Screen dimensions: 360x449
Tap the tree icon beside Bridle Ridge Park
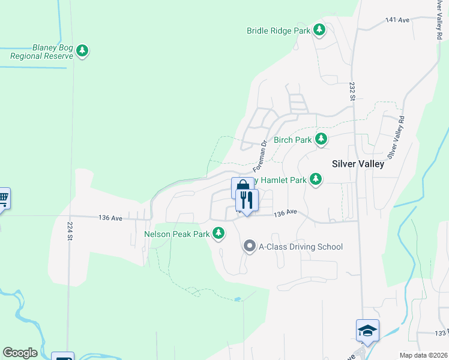(x=320, y=29)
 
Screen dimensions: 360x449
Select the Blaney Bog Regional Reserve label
(x=41, y=52)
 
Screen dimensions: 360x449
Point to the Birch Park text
(x=292, y=140)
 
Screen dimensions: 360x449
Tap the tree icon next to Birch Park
(x=321, y=139)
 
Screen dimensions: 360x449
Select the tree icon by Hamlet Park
(x=315, y=179)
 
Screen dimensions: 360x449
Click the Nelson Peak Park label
(x=176, y=233)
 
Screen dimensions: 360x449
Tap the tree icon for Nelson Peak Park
(x=220, y=233)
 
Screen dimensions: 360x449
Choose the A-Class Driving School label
(x=300, y=247)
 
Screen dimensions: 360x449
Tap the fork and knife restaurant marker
(x=247, y=200)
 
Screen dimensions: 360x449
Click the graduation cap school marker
(x=367, y=331)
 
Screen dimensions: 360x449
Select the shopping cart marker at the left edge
(x=3, y=198)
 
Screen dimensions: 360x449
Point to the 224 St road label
(x=70, y=230)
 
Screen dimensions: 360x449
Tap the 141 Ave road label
(x=397, y=20)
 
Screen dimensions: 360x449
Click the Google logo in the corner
(x=20, y=353)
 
